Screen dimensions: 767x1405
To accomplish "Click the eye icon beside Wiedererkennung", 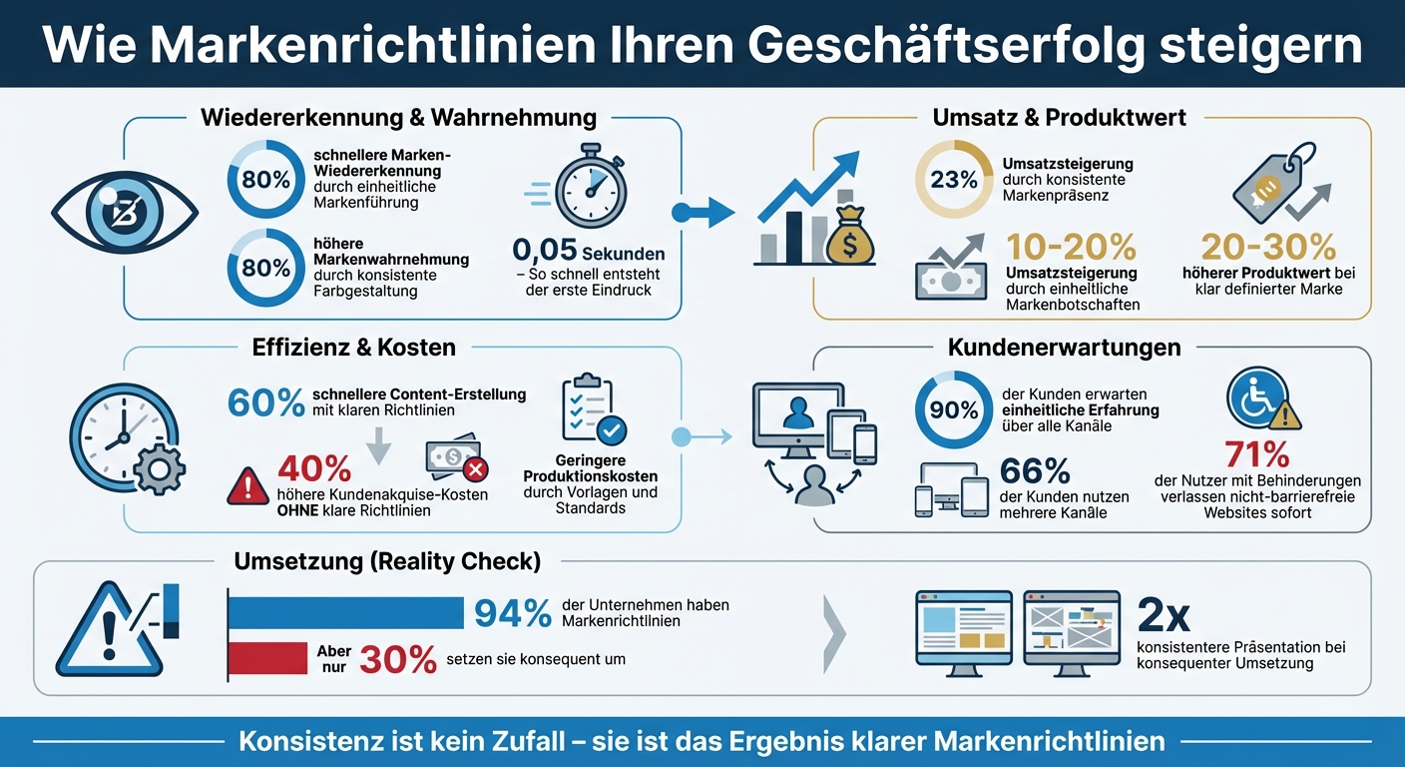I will [124, 212].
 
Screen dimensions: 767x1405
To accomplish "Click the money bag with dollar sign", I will [850, 237].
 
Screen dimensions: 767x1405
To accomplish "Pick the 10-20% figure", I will [1072, 248].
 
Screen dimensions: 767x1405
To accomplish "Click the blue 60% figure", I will [265, 402].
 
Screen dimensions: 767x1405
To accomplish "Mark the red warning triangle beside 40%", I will [246, 486].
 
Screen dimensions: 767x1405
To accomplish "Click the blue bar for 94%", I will [345, 613].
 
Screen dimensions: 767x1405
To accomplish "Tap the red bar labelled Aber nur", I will [267, 658].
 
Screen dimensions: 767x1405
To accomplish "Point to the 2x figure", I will [1163, 616].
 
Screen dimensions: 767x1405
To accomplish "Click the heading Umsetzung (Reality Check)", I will [387, 561].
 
